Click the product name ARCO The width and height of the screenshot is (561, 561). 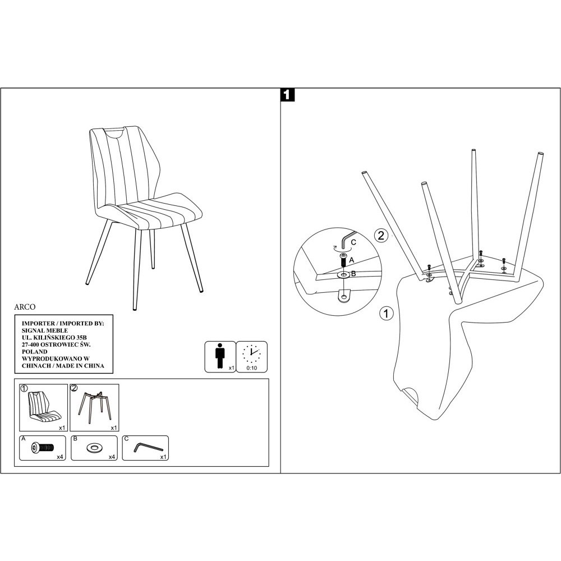pos(25,307)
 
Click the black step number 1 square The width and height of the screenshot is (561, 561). pos(288,95)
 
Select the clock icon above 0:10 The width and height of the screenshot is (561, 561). pos(251,354)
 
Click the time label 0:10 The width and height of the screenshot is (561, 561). pos(252,368)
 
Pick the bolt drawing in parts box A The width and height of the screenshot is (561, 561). pos(42,447)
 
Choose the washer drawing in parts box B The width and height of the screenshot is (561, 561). pos(94,448)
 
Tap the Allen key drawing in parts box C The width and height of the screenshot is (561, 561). pos(148,448)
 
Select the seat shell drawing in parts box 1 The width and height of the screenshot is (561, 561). pos(44,407)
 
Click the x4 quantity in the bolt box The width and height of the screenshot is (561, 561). pos(60,457)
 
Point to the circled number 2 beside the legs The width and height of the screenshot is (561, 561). pos(381,235)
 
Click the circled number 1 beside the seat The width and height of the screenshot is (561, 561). pos(386,314)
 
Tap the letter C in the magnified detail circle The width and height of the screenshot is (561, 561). pos(353,242)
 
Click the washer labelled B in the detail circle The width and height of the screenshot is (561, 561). pos(343,275)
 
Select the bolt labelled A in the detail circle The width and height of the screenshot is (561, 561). pos(343,260)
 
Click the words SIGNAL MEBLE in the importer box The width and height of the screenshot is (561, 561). pos(45,330)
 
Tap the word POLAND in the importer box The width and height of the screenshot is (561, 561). pos(34,352)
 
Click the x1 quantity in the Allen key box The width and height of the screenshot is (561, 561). pos(163,457)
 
